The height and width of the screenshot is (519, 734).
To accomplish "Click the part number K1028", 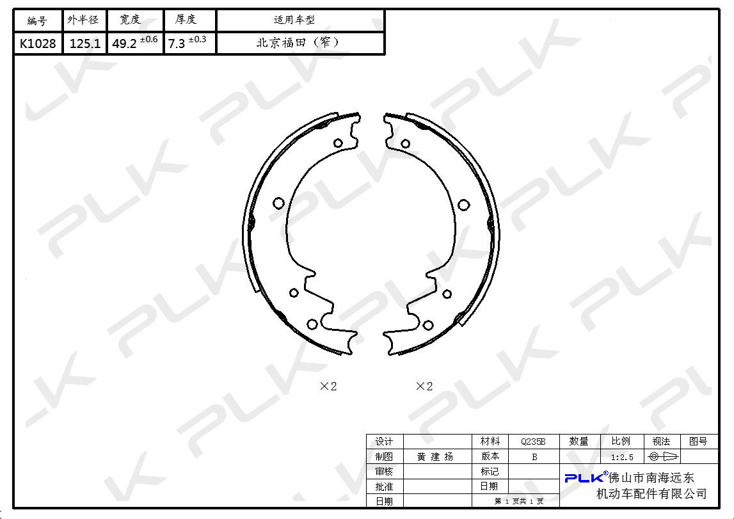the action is pos(38,44).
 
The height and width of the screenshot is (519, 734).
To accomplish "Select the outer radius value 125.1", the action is pos(84,44).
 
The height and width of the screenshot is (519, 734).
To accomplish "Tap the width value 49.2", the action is pos(125,44).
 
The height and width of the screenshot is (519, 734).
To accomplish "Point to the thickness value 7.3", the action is pos(177,44).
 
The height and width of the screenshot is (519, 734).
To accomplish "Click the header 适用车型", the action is pos(294,20).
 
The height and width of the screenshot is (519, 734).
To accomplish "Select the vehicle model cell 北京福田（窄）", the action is pos(299,43).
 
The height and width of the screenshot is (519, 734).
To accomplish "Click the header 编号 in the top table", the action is pos(37,20).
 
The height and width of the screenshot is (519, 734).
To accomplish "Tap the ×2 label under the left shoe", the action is pos(328,386).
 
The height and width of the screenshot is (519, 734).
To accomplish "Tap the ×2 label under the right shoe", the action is pos(424,386).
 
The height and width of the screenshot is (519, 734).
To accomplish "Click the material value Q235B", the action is pos(533,442).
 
